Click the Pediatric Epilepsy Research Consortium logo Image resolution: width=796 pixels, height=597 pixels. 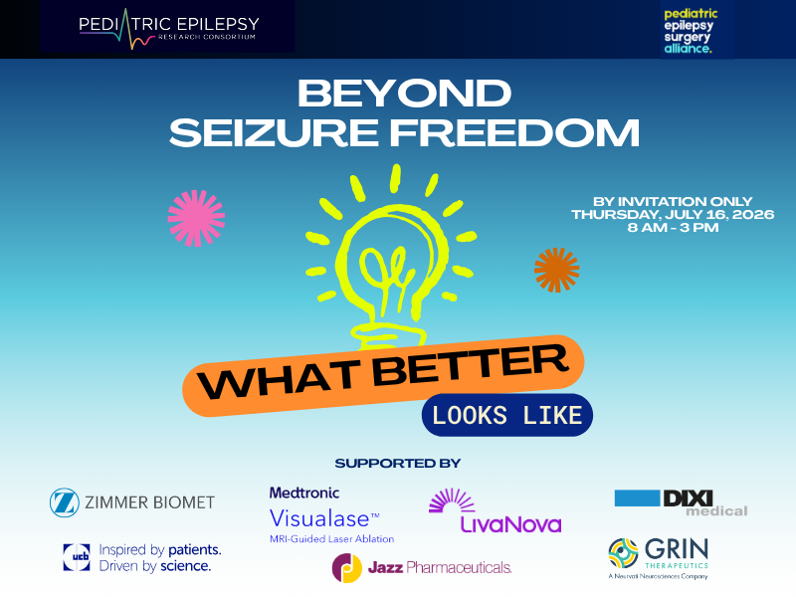tap(169, 30)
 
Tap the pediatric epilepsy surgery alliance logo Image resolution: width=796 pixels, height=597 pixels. tap(691, 31)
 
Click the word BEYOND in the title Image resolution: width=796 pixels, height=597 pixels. tap(404, 93)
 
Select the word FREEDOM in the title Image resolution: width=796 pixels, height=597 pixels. tap(514, 133)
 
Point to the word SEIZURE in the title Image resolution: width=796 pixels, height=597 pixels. tap(275, 133)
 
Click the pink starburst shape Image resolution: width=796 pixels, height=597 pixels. tap(196, 218)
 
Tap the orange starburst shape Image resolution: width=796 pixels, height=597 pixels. tap(556, 270)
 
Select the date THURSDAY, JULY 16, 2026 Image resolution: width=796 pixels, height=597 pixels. tap(673, 214)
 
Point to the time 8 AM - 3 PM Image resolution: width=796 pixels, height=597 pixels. tap(673, 228)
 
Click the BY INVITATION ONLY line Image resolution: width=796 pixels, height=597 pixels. tap(673, 202)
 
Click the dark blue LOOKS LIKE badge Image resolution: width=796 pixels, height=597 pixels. tap(507, 415)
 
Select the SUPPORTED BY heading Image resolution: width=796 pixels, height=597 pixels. tap(397, 463)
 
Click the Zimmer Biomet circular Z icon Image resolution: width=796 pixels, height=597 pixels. tap(65, 502)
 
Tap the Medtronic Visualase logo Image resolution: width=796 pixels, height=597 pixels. tap(331, 515)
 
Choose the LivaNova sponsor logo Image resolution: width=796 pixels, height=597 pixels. tap(495, 510)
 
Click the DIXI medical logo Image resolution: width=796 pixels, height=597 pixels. tap(681, 503)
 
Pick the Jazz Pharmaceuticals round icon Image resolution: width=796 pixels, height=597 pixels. tap(347, 567)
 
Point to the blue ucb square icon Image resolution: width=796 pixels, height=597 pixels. tap(77, 557)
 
